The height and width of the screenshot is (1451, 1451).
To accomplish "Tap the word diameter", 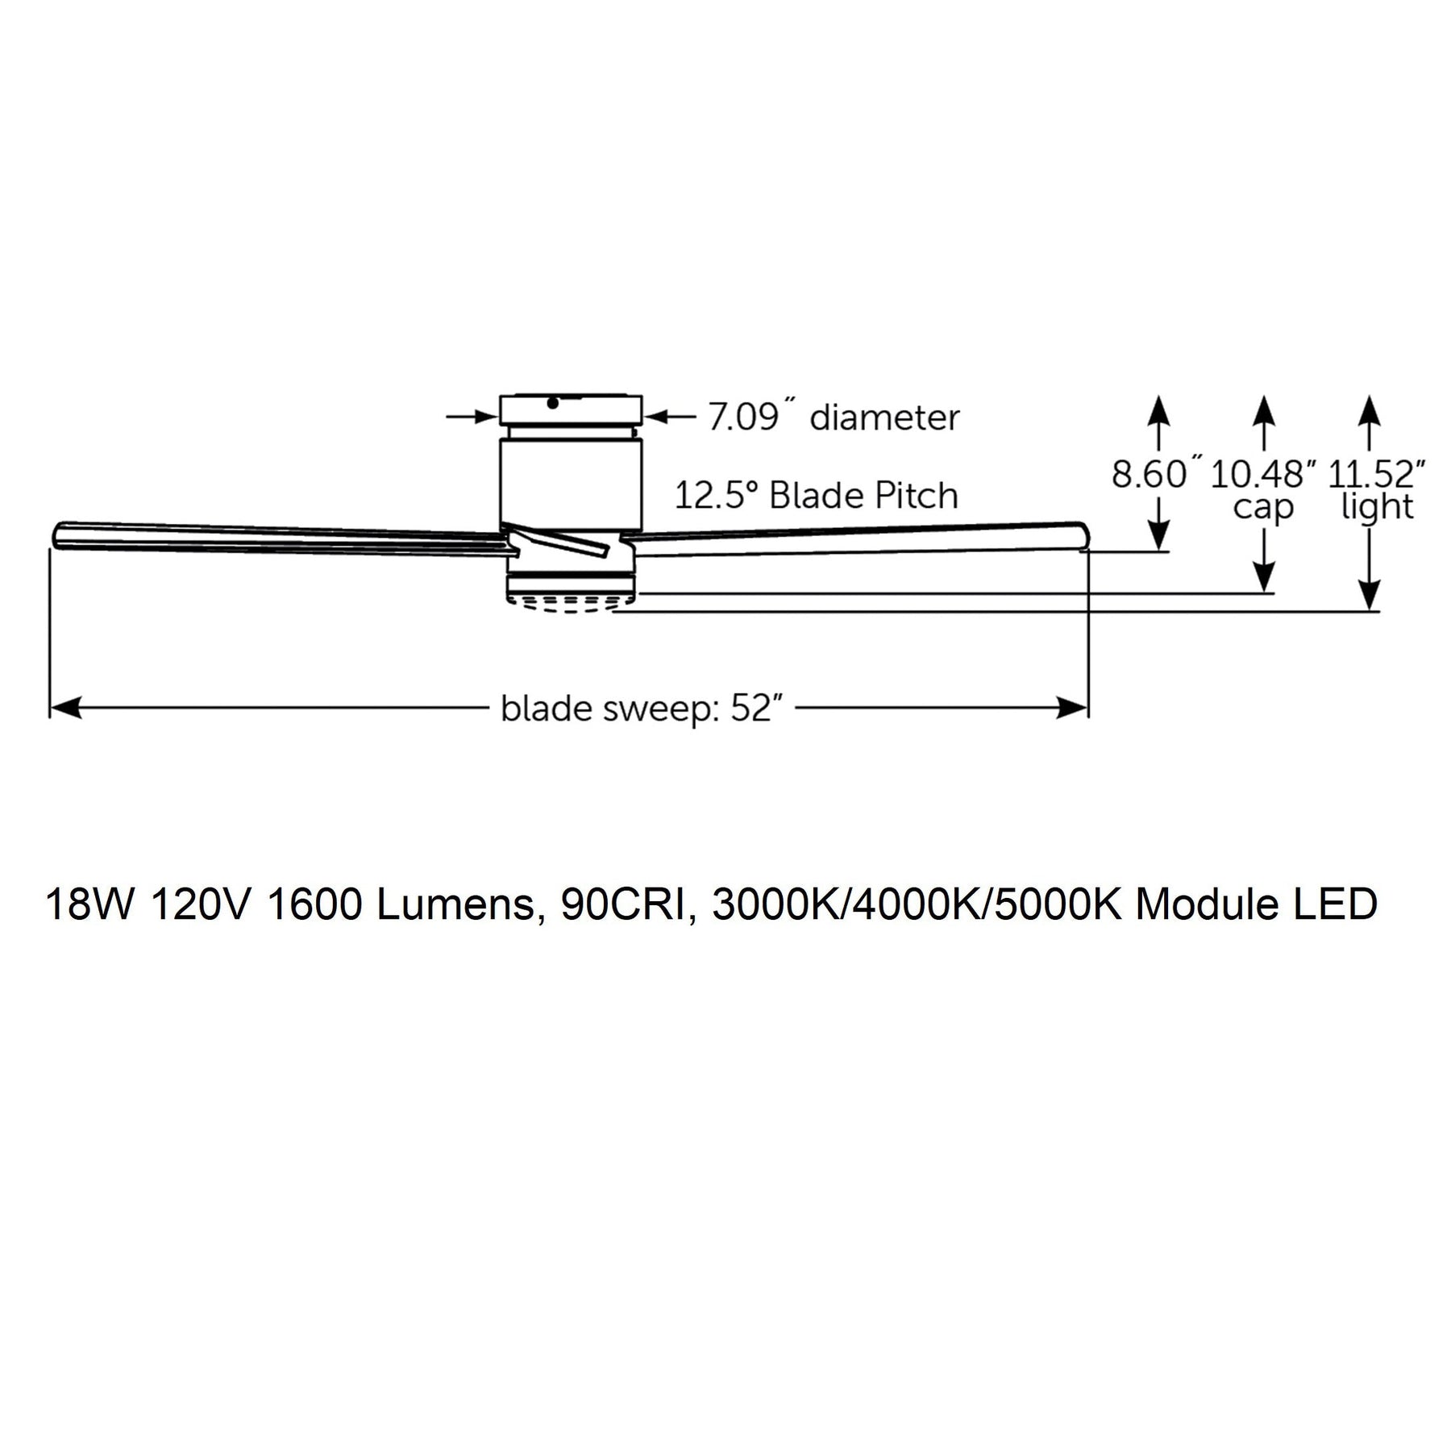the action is coord(884,418).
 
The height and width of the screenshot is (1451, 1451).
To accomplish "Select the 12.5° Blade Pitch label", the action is coord(816,496).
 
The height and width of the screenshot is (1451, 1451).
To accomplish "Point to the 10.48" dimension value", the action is coord(1258,474).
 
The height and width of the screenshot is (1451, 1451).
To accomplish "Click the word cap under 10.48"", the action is coord(1263,509).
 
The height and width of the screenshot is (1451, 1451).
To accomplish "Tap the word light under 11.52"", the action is coord(1377,507).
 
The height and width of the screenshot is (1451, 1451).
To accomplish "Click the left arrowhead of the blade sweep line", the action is coord(64,709).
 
